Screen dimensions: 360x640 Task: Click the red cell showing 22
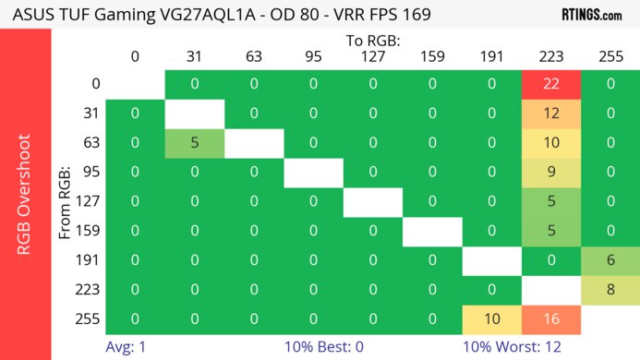click(x=551, y=84)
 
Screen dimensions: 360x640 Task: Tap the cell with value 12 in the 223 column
click(x=551, y=114)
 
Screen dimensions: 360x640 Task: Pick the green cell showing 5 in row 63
click(x=195, y=142)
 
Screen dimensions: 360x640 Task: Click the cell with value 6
click(x=610, y=259)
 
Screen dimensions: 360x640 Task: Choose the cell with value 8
click(x=610, y=289)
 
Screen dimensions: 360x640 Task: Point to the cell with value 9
click(x=551, y=172)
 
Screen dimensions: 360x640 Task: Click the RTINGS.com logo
click(x=592, y=15)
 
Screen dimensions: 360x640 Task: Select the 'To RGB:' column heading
click(x=373, y=41)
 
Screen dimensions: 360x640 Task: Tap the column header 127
click(x=373, y=56)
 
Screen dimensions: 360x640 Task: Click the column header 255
click(x=610, y=56)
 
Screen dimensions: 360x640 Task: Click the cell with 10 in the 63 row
click(x=551, y=142)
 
